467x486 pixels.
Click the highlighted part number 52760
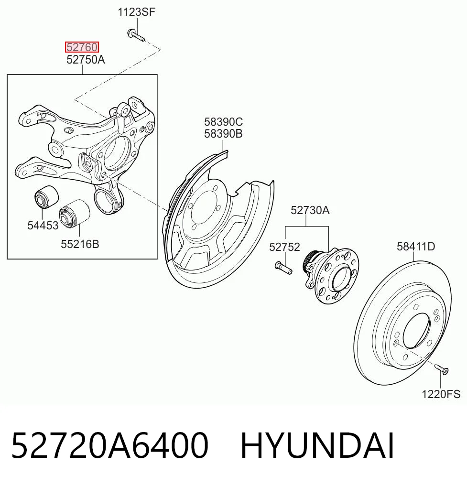(x=82, y=47)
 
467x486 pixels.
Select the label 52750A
(x=86, y=60)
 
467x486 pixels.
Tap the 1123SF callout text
(x=136, y=12)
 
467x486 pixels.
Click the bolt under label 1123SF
(x=136, y=35)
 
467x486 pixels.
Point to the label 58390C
(x=223, y=122)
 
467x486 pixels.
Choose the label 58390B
(x=223, y=134)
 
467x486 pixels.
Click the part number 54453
(x=43, y=226)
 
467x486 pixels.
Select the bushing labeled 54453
(x=46, y=196)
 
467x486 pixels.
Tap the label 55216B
(x=80, y=244)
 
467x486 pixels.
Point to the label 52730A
(x=310, y=210)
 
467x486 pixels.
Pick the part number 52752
(x=284, y=247)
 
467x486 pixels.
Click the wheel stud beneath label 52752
(x=283, y=268)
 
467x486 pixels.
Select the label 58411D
(x=416, y=247)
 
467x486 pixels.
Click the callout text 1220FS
(x=441, y=394)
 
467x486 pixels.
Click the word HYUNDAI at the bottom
(x=317, y=445)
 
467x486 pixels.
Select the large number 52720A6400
(x=110, y=445)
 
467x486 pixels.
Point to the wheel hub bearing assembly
(x=331, y=275)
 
